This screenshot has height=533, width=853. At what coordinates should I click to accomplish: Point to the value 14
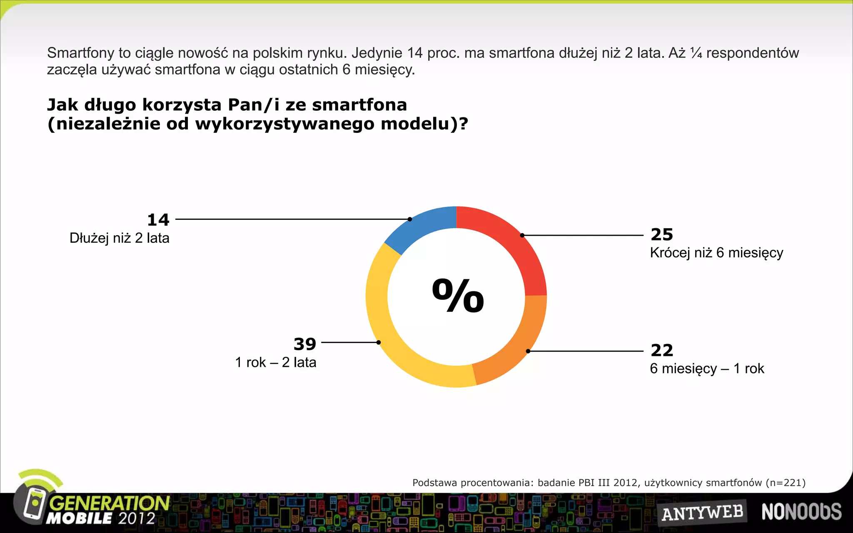158,220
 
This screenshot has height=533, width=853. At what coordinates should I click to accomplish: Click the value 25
662,234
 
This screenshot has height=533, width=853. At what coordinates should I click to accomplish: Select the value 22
662,350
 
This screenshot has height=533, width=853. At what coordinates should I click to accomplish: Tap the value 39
305,344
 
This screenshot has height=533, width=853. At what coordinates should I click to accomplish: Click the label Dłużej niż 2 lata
120,238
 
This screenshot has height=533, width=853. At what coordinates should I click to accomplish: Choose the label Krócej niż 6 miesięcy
716,253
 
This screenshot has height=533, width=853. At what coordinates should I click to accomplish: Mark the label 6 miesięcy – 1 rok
707,369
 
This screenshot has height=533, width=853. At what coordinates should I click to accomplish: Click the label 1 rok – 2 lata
276,362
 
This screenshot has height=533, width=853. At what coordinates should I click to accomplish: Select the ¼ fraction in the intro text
696,53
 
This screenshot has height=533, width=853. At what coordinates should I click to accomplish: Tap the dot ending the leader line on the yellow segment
379,342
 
